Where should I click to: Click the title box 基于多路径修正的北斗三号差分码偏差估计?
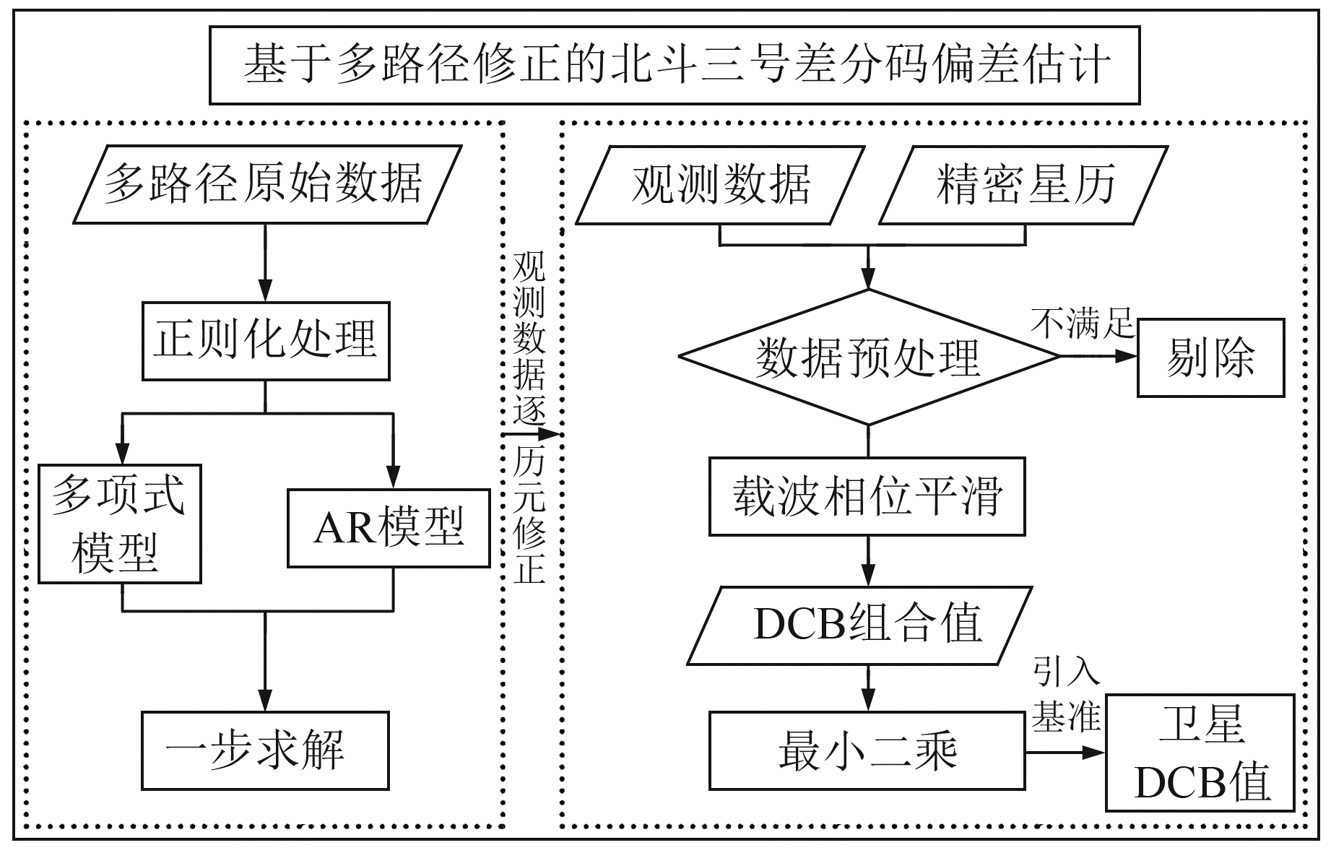675,65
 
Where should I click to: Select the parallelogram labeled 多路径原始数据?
267,184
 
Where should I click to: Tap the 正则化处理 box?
266,341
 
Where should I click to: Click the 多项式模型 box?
120,524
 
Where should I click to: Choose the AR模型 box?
389,528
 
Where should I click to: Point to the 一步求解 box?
265,750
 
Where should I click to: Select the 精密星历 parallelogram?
1024,186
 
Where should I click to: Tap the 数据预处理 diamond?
868,357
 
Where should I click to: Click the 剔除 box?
1211,358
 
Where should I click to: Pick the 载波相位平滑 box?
867,496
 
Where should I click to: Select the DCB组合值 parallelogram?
859,625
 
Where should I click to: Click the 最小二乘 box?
867,750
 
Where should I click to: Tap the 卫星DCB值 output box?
1201,753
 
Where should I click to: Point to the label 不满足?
1083,323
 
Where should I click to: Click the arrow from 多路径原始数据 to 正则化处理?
266,263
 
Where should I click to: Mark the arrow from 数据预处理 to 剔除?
1098,356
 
